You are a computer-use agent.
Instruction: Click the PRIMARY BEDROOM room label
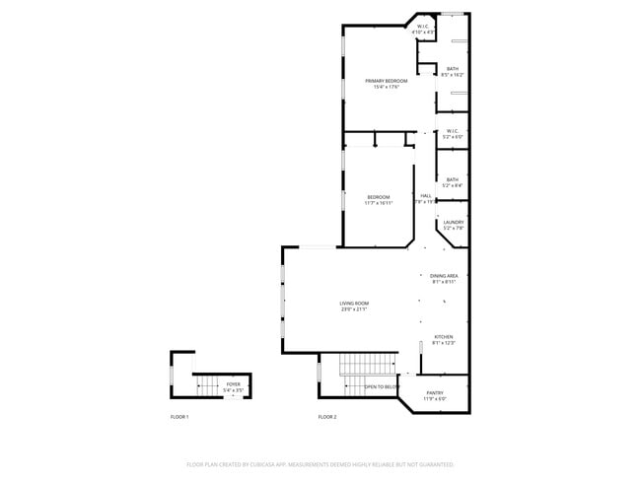pyautogui.click(x=387, y=81)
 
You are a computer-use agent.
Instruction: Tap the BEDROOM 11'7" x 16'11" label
pyautogui.click(x=379, y=196)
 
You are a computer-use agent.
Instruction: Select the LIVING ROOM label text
pyautogui.click(x=354, y=304)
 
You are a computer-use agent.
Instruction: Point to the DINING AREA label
pyautogui.click(x=444, y=276)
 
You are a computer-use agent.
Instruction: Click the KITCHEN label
pyautogui.click(x=444, y=337)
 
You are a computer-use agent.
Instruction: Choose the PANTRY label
pyautogui.click(x=435, y=393)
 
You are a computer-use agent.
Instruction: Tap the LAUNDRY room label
pyautogui.click(x=453, y=223)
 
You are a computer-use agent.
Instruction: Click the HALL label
pyautogui.click(x=426, y=196)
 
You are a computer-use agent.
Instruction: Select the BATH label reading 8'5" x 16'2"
pyautogui.click(x=452, y=69)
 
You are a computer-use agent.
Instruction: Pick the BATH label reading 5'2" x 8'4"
pyautogui.click(x=452, y=179)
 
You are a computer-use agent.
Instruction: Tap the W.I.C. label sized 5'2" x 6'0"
pyautogui.click(x=453, y=131)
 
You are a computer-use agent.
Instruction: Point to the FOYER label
pyautogui.click(x=233, y=384)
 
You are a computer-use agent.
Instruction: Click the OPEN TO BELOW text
pyautogui.click(x=382, y=387)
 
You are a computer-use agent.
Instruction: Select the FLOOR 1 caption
pyautogui.click(x=179, y=418)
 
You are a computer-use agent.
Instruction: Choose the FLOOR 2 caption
pyautogui.click(x=327, y=418)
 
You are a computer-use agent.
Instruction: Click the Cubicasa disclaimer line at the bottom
pyautogui.click(x=320, y=463)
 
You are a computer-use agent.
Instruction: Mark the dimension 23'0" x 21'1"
pyautogui.click(x=354, y=309)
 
